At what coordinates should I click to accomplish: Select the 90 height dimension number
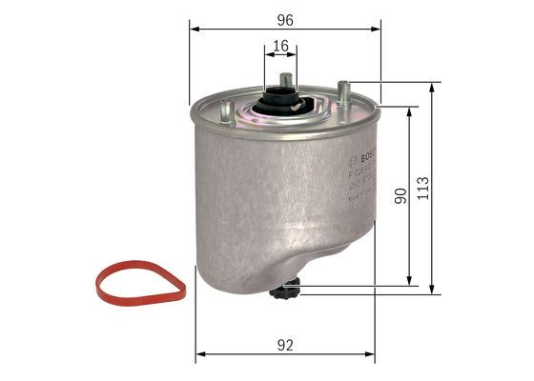coord(400,195)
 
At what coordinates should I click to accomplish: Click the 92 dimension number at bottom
coord(285,345)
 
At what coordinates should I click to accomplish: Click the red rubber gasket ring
coord(142,284)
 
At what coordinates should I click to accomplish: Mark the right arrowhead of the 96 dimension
coord(378,30)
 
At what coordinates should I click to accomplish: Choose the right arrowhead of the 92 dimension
coord(370,357)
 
